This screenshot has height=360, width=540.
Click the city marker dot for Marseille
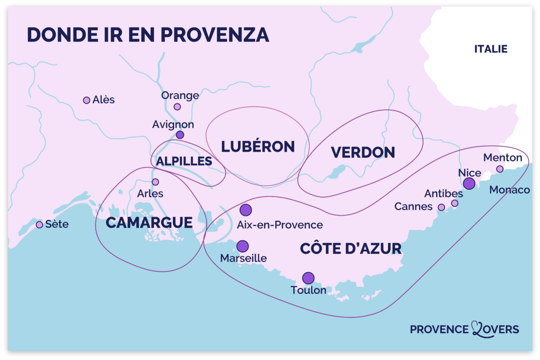(x=243, y=246)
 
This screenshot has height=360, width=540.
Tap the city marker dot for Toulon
(x=308, y=278)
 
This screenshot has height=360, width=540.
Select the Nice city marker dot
(x=469, y=183)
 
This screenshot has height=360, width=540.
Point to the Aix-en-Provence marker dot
(x=246, y=210)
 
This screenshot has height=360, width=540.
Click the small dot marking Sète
(x=39, y=225)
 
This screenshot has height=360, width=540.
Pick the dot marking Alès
(x=86, y=100)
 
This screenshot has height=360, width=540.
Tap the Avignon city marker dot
(x=180, y=135)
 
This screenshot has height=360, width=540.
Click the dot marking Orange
(x=177, y=106)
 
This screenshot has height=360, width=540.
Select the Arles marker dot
(x=155, y=182)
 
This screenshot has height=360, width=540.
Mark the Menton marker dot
(x=500, y=169)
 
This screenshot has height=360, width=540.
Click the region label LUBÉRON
(x=258, y=147)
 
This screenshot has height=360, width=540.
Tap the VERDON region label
(x=363, y=152)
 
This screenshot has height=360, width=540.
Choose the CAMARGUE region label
(x=149, y=223)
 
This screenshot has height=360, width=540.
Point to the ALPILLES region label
(x=184, y=161)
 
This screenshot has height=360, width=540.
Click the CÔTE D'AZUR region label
(x=351, y=249)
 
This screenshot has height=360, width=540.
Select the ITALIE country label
(x=490, y=49)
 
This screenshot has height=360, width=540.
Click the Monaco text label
(x=509, y=190)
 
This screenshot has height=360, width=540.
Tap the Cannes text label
(x=413, y=207)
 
